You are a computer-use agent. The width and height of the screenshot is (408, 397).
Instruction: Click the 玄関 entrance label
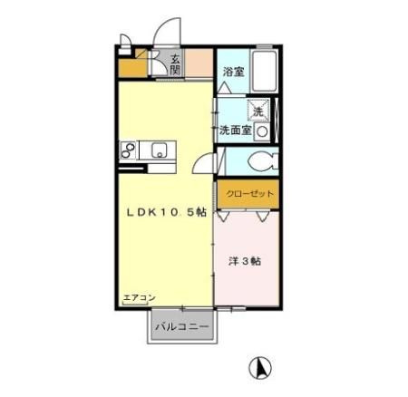pyautogui.click(x=175, y=64)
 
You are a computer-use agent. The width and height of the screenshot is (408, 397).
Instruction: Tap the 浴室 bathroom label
pyautogui.click(x=233, y=72)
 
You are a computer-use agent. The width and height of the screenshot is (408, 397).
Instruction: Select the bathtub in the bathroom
pyautogui.click(x=265, y=72)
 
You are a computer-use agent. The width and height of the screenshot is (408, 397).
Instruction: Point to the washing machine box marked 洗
pyautogui.click(x=258, y=111)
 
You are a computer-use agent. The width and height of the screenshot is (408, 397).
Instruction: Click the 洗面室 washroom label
pyautogui.click(x=236, y=131)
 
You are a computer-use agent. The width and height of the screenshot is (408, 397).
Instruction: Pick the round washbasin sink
pyautogui.click(x=262, y=131)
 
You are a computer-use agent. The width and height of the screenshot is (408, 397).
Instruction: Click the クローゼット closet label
pyautogui.click(x=249, y=194)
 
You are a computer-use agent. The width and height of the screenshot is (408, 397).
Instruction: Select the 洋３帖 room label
pyautogui.click(x=244, y=261)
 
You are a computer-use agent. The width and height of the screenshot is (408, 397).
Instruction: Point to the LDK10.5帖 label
pyautogui.click(x=166, y=212)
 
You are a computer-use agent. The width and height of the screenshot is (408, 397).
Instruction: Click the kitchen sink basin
pyautogui.click(x=159, y=150)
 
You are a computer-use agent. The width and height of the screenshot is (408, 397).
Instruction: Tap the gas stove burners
pyautogui.click(x=128, y=150)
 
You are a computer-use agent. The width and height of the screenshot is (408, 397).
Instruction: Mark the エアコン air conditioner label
pyautogui.click(x=140, y=298)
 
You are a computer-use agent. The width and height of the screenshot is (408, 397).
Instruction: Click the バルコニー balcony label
pyautogui.click(x=182, y=326)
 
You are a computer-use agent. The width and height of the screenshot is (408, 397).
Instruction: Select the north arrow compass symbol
pyautogui.click(x=260, y=368)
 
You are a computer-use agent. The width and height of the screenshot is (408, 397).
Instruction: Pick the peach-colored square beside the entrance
pyautogui.click(x=199, y=63)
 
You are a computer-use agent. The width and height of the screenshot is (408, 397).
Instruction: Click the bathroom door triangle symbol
pyautogui.click(x=225, y=88)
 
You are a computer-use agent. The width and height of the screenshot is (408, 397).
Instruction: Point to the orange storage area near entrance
pyautogui.click(x=133, y=68)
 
